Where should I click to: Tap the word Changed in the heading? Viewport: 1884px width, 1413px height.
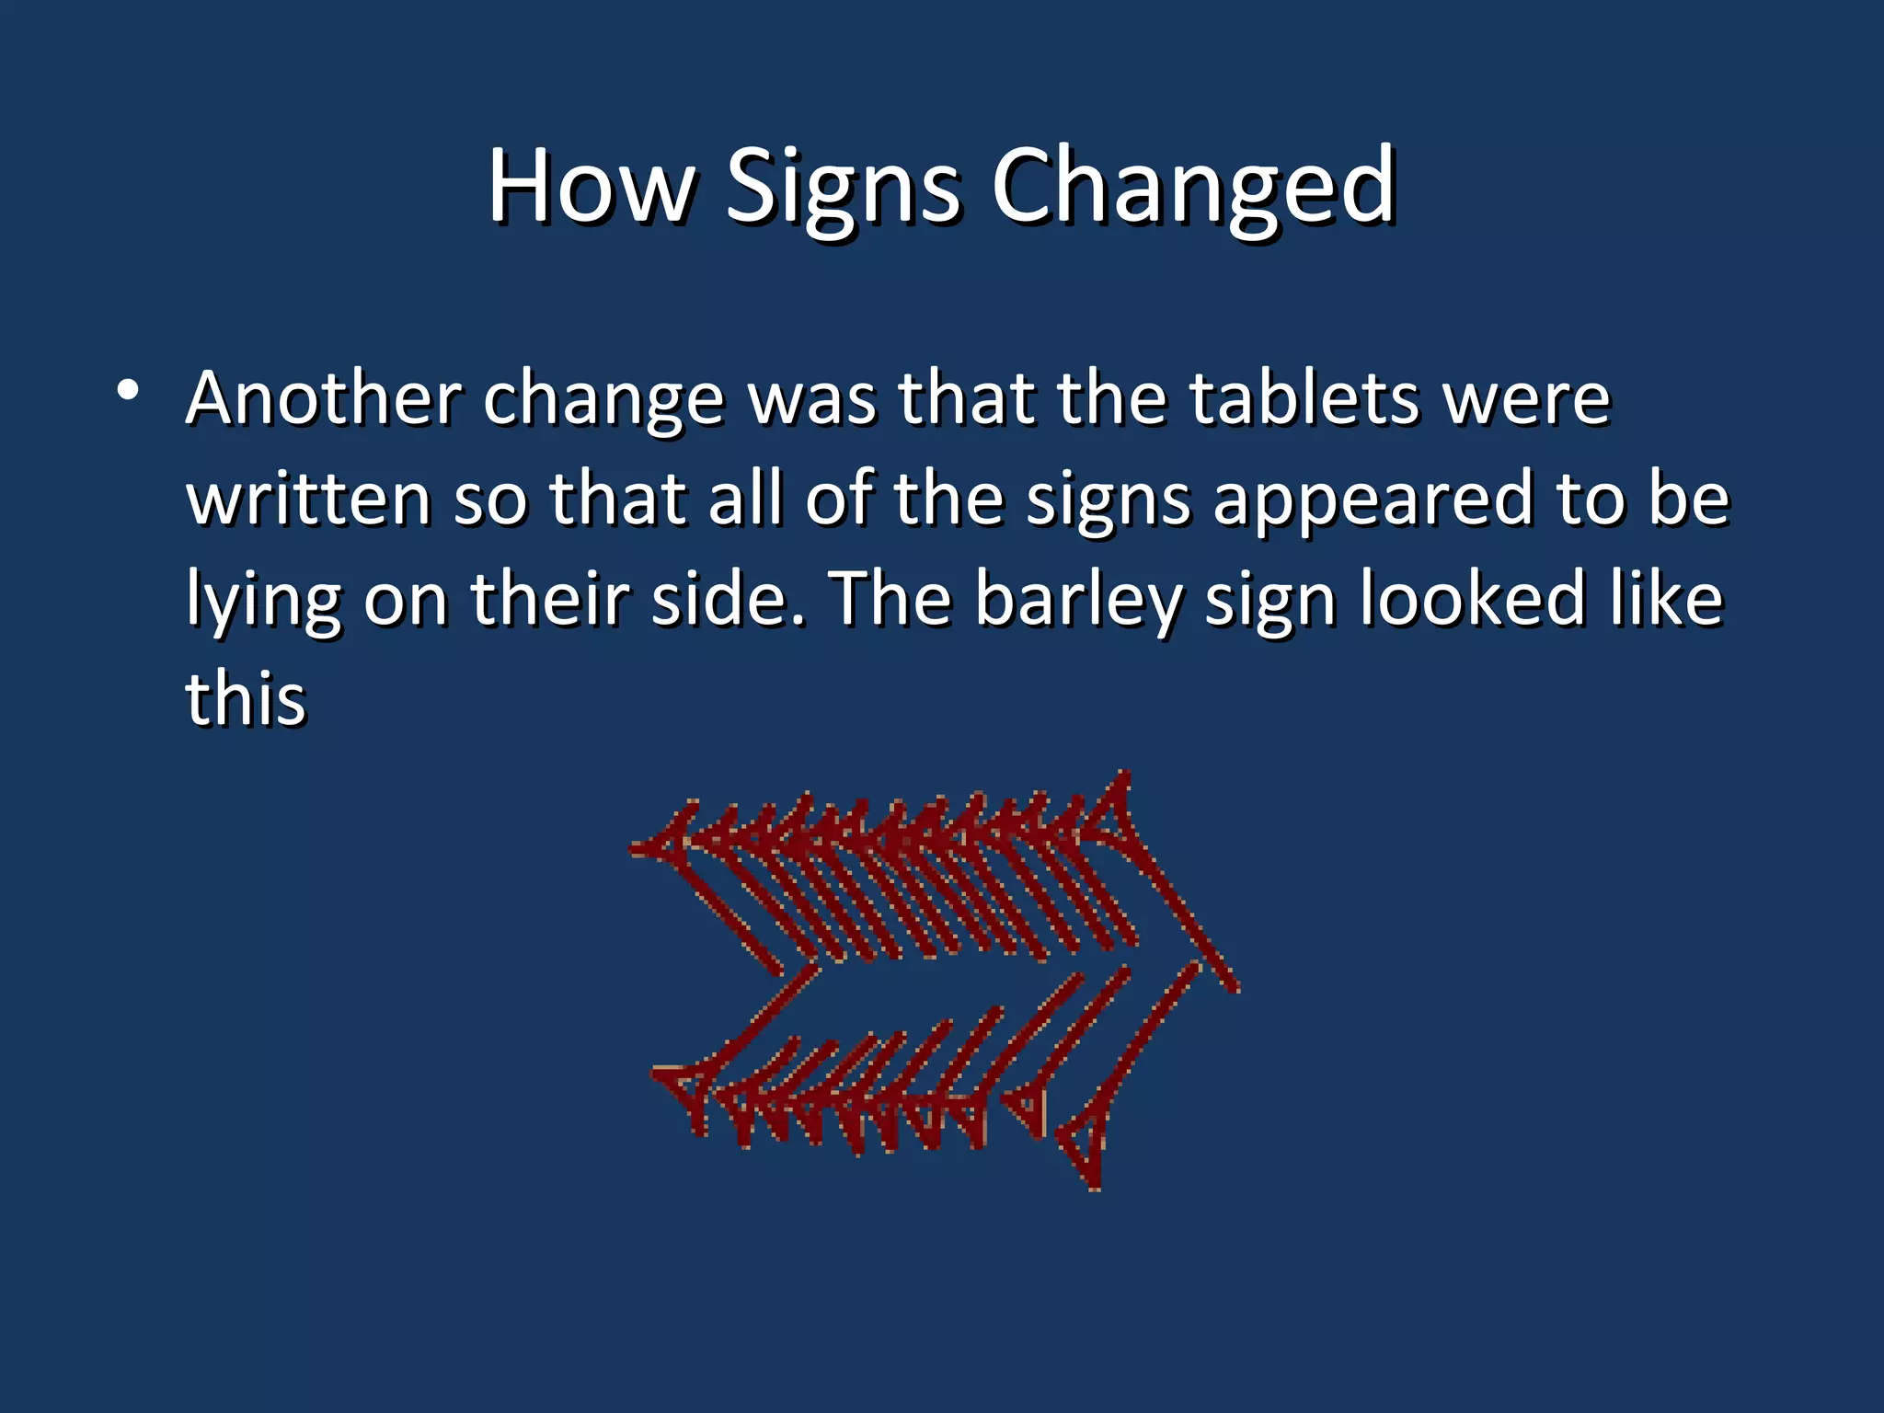[1193, 188]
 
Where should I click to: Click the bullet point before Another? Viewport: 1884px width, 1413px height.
[128, 391]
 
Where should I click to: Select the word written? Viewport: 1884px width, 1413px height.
[309, 499]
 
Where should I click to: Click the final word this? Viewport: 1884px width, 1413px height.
[246, 698]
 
